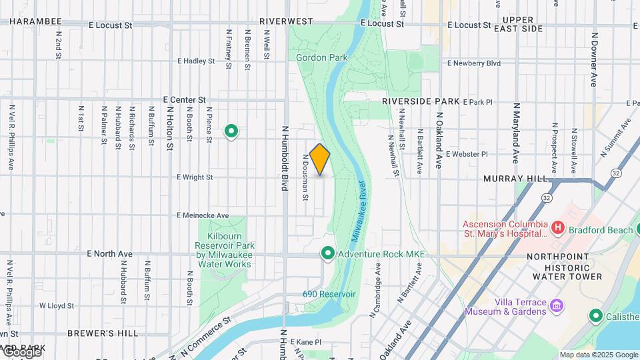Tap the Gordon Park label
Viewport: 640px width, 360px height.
(322, 58)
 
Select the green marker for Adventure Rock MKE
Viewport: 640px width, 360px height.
(327, 254)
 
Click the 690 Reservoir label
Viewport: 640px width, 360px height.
(329, 294)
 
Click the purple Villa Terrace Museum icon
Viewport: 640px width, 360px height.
(557, 307)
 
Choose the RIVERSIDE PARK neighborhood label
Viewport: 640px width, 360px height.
(421, 101)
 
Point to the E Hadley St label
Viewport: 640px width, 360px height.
(196, 61)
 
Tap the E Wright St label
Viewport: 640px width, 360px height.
(195, 177)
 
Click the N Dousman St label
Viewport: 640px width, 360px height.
(305, 177)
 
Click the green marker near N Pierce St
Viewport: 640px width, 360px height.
(231, 131)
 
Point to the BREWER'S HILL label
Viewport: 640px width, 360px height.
(103, 333)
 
